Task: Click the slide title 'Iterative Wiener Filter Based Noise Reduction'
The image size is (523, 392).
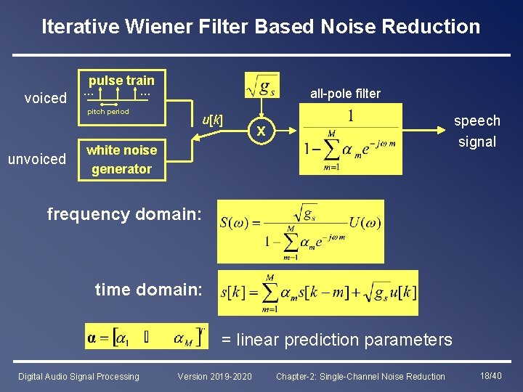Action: click(x=261, y=27)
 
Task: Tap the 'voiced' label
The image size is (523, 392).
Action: click(x=45, y=98)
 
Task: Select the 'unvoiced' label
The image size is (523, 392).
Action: click(x=36, y=159)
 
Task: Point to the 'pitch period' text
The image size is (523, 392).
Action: click(x=108, y=112)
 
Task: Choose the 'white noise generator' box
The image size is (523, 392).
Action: click(x=121, y=160)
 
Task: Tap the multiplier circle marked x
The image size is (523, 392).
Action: click(x=264, y=132)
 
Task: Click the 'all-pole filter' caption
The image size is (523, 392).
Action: click(x=345, y=93)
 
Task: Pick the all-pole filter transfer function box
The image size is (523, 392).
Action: click(x=350, y=139)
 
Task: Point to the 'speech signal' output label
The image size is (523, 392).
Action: click(x=477, y=131)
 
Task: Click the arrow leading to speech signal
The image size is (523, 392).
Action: click(x=424, y=131)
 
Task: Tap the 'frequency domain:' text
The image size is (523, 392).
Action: click(x=123, y=213)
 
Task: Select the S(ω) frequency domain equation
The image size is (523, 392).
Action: click(x=301, y=231)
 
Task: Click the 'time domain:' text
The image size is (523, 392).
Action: click(x=148, y=290)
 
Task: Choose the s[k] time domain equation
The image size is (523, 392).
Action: click(x=317, y=293)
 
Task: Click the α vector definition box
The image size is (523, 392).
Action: click(x=147, y=336)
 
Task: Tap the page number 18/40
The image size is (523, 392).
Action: click(x=491, y=375)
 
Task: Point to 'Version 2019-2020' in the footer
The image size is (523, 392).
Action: click(x=215, y=376)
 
